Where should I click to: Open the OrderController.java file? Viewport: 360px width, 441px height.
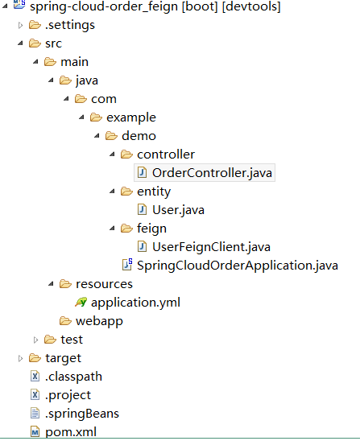(x=212, y=173)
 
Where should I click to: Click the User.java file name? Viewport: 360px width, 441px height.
(x=178, y=210)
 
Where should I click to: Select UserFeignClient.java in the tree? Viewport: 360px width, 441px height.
(x=211, y=247)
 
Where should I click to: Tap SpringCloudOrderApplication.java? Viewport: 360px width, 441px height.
(x=238, y=266)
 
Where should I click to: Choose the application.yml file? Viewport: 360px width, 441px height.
(x=135, y=303)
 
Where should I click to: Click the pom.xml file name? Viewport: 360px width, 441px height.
(x=71, y=432)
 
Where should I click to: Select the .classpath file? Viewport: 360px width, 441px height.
(x=73, y=377)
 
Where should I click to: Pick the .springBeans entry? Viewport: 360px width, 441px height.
(x=82, y=414)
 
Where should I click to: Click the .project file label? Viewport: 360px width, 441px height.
(x=68, y=395)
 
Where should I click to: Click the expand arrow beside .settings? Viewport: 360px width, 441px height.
(x=20, y=25)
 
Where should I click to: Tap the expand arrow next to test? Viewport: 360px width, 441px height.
(x=35, y=340)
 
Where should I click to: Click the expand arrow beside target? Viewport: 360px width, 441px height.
(x=20, y=358)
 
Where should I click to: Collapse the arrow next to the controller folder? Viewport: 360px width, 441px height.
(x=112, y=155)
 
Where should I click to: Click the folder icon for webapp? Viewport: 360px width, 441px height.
(x=65, y=321)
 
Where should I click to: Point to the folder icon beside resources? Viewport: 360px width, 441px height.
(x=65, y=284)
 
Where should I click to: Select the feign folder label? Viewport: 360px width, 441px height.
(x=151, y=229)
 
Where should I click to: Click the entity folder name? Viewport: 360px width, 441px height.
(x=154, y=192)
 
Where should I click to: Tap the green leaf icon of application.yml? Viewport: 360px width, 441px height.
(x=81, y=302)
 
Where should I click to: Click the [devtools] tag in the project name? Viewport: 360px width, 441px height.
(x=251, y=6)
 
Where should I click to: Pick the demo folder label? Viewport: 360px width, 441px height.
(x=139, y=136)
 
